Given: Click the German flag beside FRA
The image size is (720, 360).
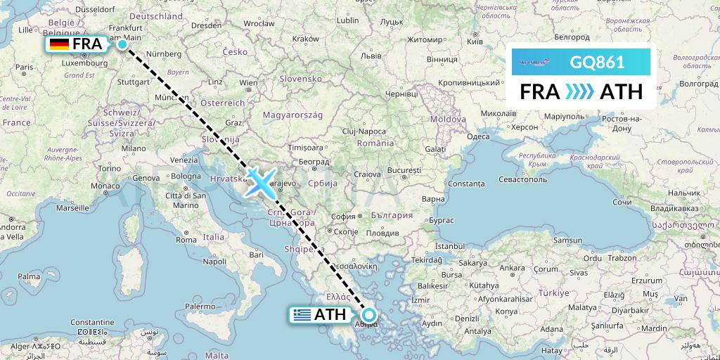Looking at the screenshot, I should click(59, 45).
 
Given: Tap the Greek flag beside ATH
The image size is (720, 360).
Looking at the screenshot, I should click(302, 315).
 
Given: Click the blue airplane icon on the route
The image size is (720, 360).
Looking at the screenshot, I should click(259, 183).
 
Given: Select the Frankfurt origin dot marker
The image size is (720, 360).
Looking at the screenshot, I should click(122, 44).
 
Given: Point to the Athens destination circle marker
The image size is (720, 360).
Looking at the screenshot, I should click(368, 315).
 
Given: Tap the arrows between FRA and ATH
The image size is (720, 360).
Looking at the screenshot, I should click(580, 92).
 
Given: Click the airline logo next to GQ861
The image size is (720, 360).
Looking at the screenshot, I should click(538, 62).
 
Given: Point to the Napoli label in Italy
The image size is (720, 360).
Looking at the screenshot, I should click(214, 261).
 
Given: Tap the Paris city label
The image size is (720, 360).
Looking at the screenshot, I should click(25, 67).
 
